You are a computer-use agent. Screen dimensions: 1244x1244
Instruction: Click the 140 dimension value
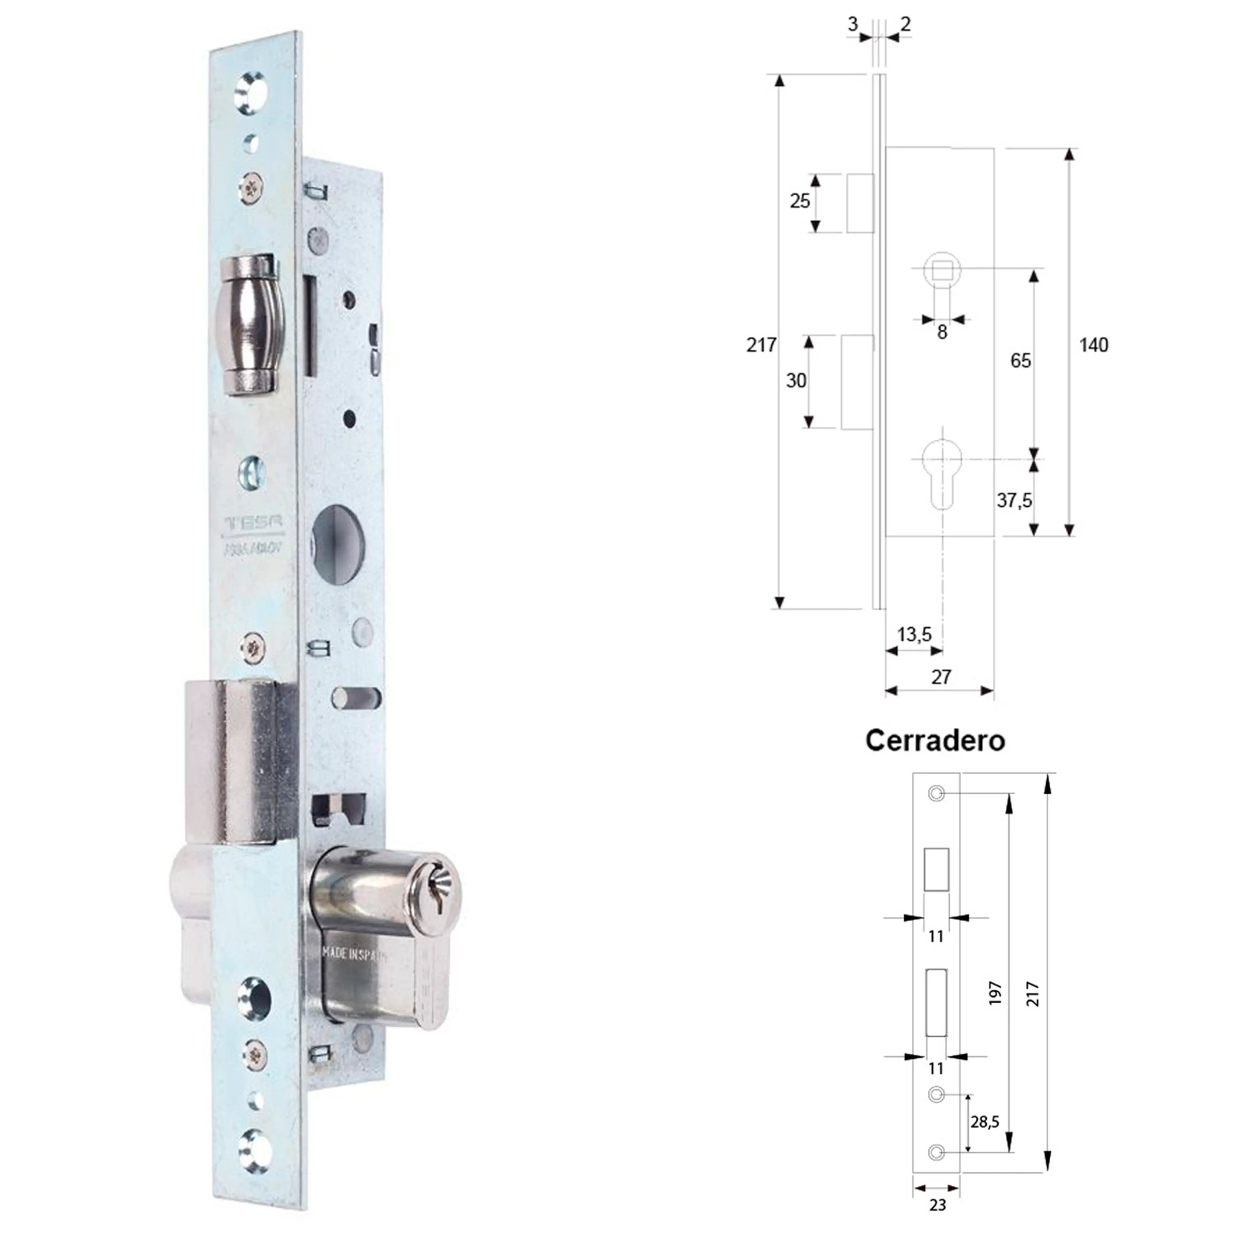tap(1093, 345)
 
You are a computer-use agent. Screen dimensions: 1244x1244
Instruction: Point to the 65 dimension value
tap(1020, 361)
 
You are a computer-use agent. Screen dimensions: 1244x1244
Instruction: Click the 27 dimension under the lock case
tap(941, 677)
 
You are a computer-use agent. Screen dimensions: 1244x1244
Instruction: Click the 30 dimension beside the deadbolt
tap(796, 381)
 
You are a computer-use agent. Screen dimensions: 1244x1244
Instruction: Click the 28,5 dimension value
tap(985, 1122)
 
